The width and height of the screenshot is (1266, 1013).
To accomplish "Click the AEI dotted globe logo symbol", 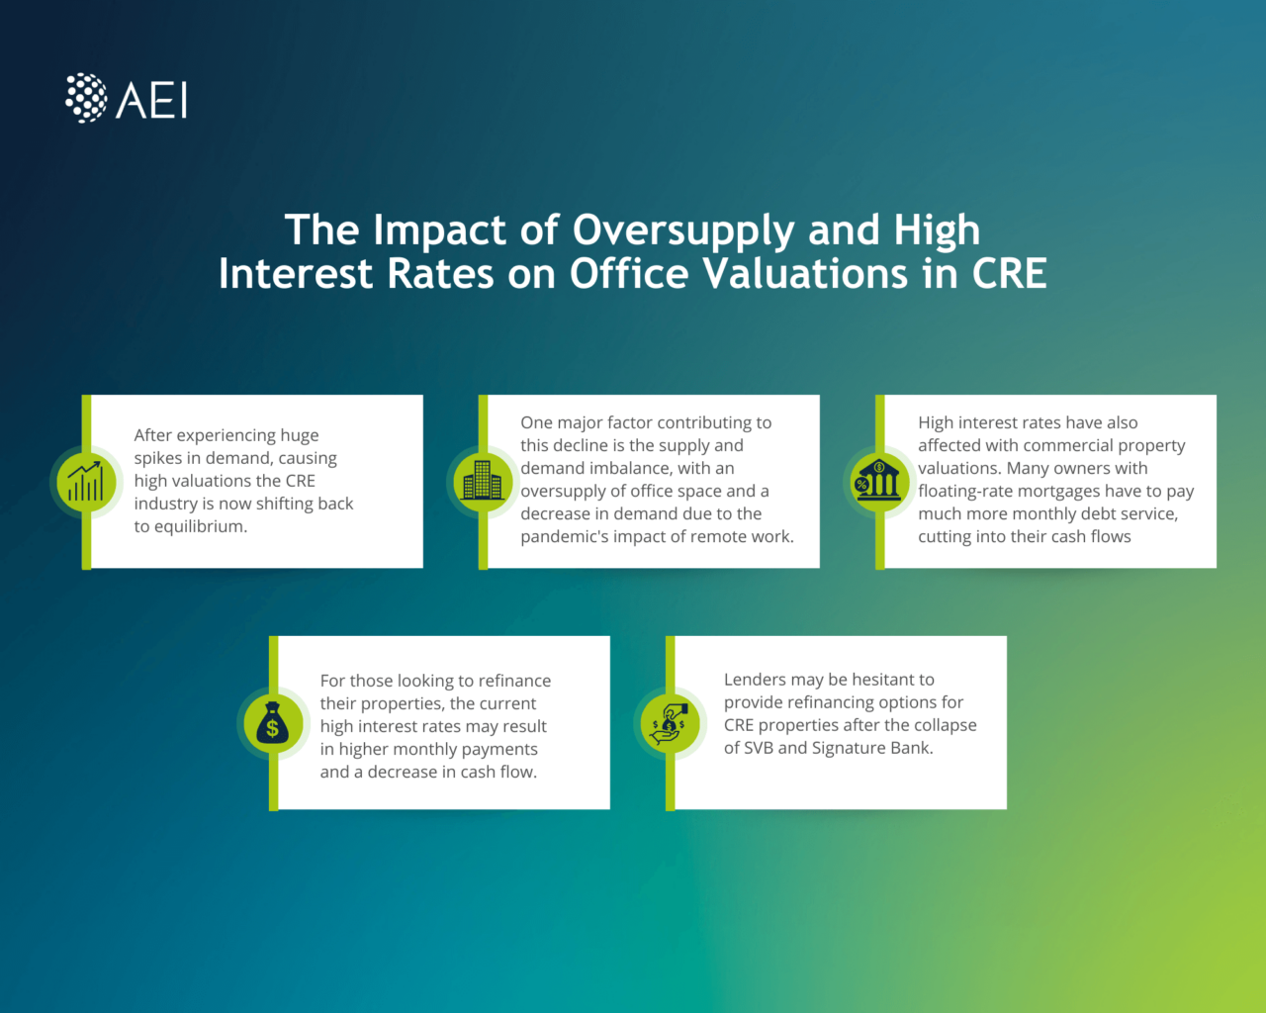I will tap(86, 98).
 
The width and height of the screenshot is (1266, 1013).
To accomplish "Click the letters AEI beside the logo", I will tap(152, 100).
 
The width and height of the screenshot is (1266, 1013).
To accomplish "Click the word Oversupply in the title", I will tap(683, 230).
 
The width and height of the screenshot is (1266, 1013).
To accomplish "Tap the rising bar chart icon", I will tap(85, 482).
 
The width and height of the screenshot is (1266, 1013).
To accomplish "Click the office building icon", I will tap(482, 481).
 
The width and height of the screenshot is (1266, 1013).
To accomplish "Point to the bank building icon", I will tap(877, 481).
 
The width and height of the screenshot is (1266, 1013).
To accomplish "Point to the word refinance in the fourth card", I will tap(514, 681).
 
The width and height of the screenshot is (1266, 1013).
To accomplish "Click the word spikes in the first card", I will tap(158, 458).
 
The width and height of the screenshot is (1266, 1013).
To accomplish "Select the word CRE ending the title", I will tap(1009, 274).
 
